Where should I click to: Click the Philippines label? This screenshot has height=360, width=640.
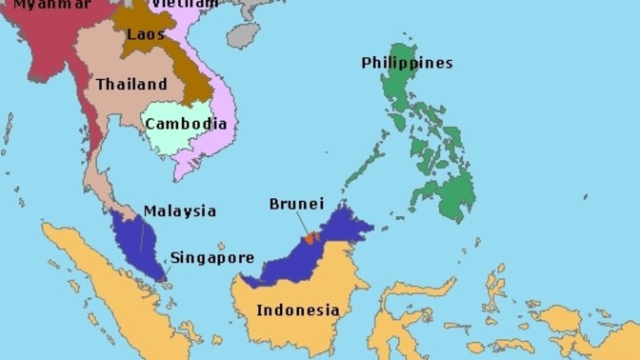point(407,63)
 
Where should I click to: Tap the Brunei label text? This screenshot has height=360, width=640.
point(296,204)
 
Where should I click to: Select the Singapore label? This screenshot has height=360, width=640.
point(212,257)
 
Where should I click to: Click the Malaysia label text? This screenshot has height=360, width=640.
point(180,211)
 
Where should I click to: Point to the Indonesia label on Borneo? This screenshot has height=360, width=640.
point(297,310)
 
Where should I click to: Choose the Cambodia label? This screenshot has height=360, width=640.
point(186,124)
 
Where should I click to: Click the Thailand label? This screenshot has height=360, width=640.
point(131,84)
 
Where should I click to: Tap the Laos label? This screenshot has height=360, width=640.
point(146,35)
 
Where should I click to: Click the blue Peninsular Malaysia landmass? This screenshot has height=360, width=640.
point(138,243)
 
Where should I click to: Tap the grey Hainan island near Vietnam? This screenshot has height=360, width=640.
point(245,36)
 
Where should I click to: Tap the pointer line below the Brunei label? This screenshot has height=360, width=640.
point(302,225)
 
